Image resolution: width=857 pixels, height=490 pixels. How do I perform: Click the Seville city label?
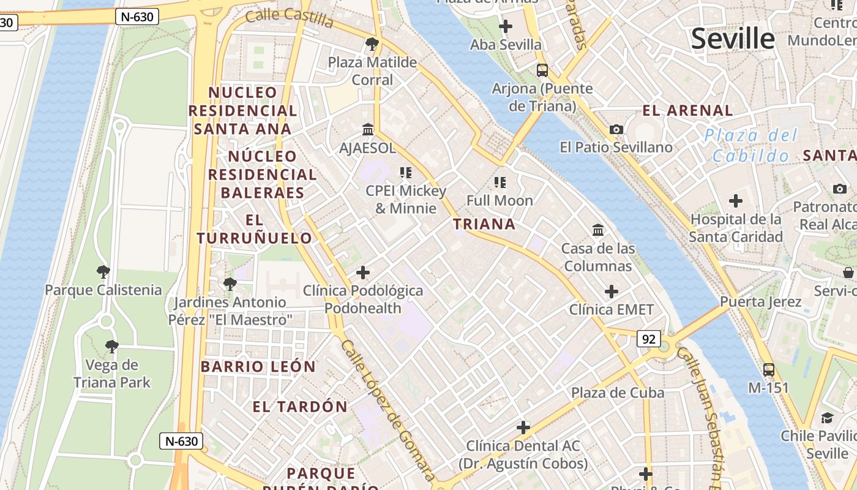(x=733, y=39)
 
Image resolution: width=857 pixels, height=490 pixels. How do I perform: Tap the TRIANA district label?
(x=484, y=224)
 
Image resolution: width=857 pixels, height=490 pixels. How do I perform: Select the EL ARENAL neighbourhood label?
(x=687, y=111)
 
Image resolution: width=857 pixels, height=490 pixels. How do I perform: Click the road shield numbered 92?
(x=649, y=338)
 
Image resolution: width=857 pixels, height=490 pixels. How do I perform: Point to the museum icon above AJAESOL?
(x=369, y=130)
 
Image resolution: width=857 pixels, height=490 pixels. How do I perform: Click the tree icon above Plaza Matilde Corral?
(x=372, y=43)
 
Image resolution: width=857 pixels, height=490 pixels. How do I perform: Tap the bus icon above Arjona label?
(x=542, y=70)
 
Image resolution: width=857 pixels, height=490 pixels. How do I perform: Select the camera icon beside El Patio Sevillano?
(x=616, y=129)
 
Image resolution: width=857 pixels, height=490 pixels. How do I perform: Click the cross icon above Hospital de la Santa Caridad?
(x=736, y=201)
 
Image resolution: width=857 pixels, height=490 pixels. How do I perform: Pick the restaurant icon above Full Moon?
(x=500, y=182)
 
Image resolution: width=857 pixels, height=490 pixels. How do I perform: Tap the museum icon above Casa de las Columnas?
(x=598, y=230)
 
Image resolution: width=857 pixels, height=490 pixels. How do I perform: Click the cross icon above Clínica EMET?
(x=612, y=292)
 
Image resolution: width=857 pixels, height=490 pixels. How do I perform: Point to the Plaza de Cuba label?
(x=618, y=393)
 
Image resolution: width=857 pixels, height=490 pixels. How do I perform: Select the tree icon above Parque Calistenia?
(x=103, y=271)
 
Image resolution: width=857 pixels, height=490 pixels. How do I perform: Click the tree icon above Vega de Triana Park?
(x=111, y=347)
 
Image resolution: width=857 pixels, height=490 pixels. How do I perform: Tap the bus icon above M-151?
(x=769, y=370)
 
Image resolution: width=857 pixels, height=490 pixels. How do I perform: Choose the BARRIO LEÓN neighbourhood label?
(x=258, y=367)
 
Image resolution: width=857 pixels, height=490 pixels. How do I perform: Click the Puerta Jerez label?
(x=760, y=301)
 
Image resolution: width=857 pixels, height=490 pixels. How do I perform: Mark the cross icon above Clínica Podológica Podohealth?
(x=363, y=272)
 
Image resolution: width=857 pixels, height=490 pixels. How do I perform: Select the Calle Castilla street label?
(x=290, y=18)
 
